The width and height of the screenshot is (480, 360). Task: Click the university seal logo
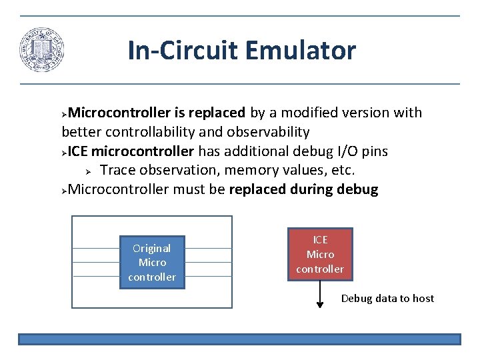(x=41, y=50)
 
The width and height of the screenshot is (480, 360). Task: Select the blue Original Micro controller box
(x=152, y=262)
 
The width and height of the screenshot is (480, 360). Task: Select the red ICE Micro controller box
(x=320, y=254)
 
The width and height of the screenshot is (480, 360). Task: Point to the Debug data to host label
(x=387, y=299)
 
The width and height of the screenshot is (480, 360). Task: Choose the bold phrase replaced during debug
(x=303, y=189)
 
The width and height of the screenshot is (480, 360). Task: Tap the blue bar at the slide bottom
(x=239, y=339)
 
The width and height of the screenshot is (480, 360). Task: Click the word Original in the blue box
(x=152, y=248)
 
